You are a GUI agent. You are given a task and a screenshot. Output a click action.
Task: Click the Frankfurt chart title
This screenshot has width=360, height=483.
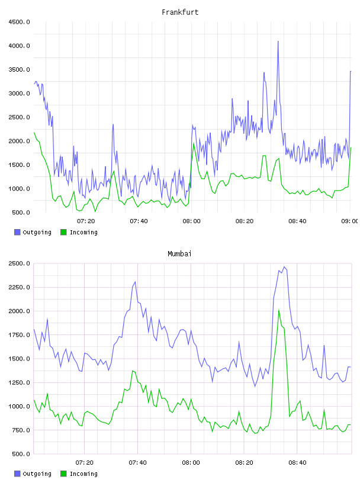[180, 12]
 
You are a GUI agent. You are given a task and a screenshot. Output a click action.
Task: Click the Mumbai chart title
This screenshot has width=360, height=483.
[179, 254]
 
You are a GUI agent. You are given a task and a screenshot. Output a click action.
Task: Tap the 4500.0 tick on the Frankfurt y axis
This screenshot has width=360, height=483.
[20, 22]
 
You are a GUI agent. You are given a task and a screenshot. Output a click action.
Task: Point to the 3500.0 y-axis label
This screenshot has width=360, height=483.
[20, 70]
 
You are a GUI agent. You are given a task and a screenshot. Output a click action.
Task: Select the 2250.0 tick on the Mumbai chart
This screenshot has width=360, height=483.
[20, 288]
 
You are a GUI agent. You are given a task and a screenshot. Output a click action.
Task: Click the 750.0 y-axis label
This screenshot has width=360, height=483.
[21, 430]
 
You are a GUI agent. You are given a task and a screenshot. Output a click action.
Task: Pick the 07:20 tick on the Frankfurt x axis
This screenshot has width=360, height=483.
[86, 221]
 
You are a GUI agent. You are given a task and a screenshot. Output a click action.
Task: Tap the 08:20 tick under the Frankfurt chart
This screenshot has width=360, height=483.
[245, 221]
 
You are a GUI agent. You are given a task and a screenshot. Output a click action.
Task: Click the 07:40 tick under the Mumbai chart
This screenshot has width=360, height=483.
[138, 463]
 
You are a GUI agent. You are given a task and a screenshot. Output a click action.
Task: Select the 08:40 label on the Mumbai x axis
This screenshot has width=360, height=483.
[297, 463]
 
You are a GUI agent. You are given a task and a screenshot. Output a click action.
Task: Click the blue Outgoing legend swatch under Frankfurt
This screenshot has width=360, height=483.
[17, 232]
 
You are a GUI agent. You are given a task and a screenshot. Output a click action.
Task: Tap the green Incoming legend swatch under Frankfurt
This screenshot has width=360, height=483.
[63, 232]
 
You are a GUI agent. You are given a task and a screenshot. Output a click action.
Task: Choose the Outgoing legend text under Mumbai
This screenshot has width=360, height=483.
[37, 474]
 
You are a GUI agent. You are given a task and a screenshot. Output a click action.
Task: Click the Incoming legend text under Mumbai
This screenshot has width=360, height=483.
[83, 474]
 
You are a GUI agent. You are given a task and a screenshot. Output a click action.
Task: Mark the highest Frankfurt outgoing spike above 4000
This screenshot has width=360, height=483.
[278, 41]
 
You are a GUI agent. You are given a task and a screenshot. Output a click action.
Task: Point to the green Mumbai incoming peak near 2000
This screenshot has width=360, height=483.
[279, 311]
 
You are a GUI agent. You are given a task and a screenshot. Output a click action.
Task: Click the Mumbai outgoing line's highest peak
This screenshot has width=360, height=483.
[284, 267]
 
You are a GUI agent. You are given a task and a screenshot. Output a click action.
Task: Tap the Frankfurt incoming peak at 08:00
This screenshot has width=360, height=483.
[194, 143]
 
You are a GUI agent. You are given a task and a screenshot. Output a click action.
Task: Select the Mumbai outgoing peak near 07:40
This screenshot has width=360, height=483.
[135, 282]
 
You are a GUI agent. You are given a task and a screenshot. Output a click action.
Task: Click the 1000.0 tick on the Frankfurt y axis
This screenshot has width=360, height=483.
[20, 189]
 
